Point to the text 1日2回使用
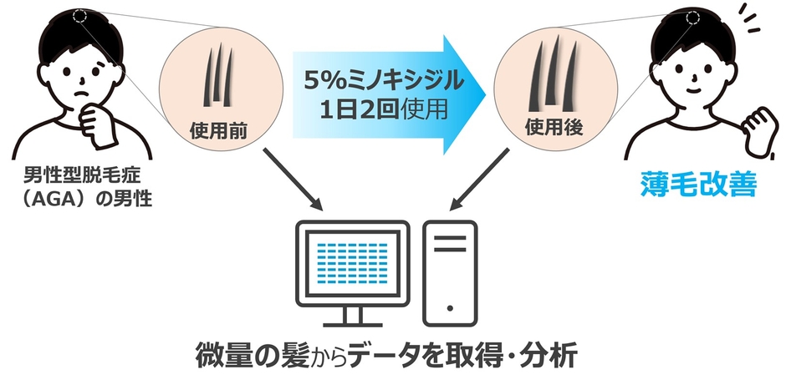tap(382, 109)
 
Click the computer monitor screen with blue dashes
tap(351, 266)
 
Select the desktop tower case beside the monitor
tap(450, 272)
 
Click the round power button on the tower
tap(450, 305)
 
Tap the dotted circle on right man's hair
tap(692, 17)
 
